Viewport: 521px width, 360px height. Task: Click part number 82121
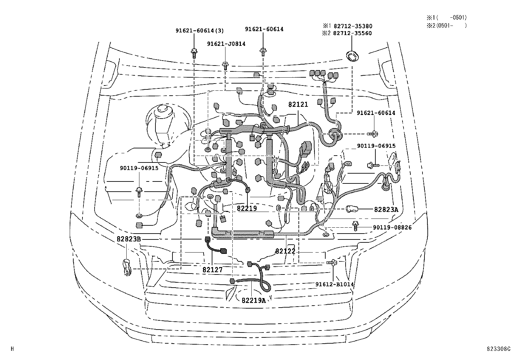(298, 104)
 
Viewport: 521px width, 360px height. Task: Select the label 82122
(285, 251)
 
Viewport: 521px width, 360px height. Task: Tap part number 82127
(212, 270)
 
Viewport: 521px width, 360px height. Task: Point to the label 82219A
(254, 300)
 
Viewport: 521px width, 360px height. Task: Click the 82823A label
(386, 210)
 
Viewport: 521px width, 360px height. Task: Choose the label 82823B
(129, 239)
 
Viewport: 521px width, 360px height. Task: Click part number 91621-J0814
(226, 44)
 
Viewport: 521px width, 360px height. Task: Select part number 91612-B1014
(334, 284)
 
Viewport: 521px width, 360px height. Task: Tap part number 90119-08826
(392, 227)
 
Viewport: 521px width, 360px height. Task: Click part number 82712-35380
(352, 26)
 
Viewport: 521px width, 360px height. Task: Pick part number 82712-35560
(352, 33)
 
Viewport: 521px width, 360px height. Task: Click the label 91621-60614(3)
(200, 31)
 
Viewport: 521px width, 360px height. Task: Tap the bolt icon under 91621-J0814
(225, 66)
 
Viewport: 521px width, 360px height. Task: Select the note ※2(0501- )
(446, 25)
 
